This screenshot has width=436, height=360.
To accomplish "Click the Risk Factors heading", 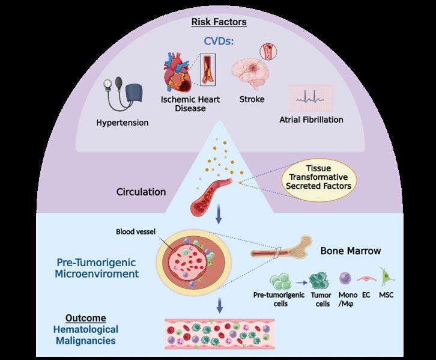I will point(219,22).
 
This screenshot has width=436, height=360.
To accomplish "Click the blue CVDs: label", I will point(217,42).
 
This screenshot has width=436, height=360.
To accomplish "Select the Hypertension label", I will point(122,123).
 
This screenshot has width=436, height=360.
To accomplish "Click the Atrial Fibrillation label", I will point(311,120).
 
